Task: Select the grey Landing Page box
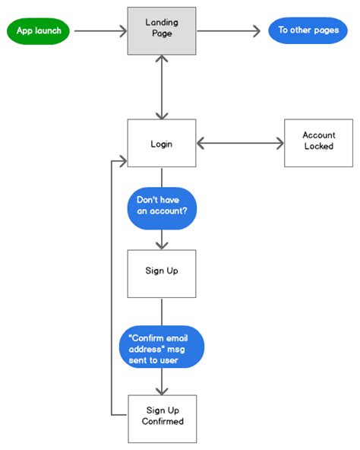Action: [161, 31]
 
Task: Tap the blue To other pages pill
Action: [308, 31]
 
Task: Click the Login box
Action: [161, 143]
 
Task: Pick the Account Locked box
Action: [318, 142]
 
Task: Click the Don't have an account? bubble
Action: [161, 207]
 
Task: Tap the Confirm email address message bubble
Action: [161, 347]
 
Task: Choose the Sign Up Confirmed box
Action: [161, 418]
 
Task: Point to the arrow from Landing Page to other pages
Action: [228, 31]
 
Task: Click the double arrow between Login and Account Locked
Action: [240, 142]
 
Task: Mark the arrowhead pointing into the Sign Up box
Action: [161, 244]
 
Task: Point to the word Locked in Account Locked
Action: [318, 147]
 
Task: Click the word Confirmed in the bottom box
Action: [162, 422]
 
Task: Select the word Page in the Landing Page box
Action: [161, 34]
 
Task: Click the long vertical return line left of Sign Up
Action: [111, 289]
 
